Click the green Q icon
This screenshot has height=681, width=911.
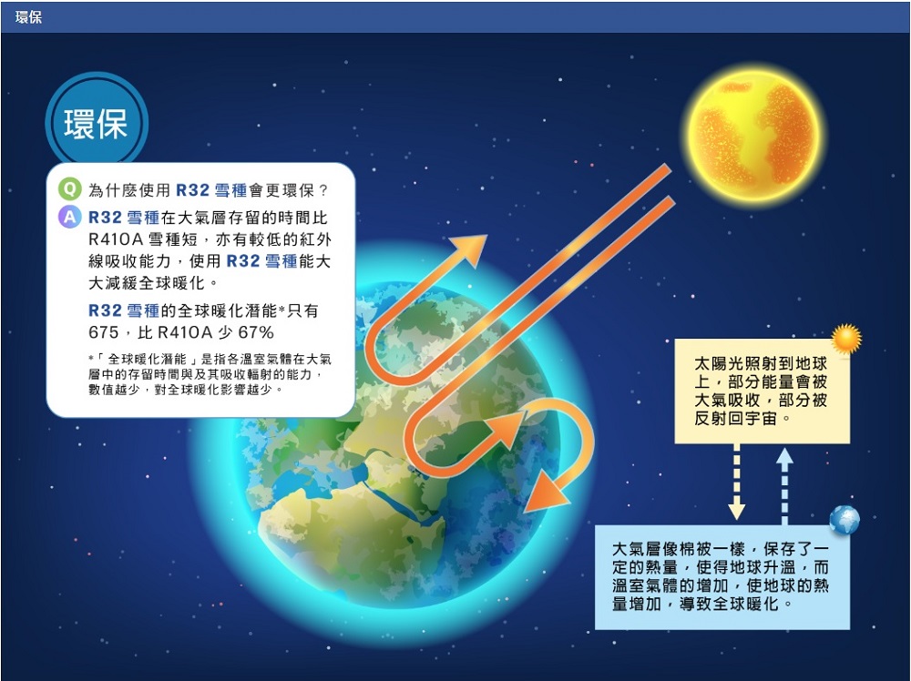tap(70, 189)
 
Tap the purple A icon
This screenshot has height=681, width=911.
tap(70, 217)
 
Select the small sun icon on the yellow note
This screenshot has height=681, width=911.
tap(846, 339)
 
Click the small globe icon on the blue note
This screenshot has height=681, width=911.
tap(844, 520)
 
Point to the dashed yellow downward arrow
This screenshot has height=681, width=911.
tap(737, 482)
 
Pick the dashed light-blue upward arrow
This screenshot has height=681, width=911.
tap(784, 486)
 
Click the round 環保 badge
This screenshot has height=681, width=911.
tap(97, 123)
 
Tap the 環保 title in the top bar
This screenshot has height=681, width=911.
tap(28, 16)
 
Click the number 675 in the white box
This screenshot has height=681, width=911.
tap(104, 332)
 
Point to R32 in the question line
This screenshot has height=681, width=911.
tap(192, 190)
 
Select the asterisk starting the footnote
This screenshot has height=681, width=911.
tap(91, 358)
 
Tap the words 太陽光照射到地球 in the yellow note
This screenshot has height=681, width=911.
tap(761, 364)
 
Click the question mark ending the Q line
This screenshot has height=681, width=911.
tap(323, 190)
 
